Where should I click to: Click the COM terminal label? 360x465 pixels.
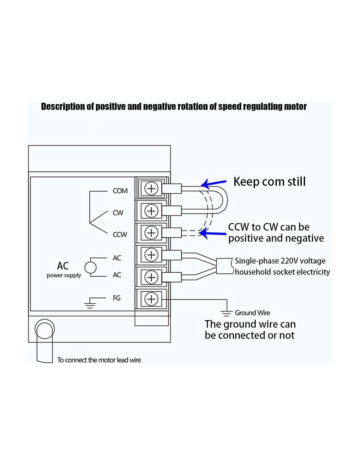(x=120, y=191)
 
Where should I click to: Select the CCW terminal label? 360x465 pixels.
(x=120, y=234)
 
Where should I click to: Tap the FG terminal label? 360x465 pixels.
(x=117, y=298)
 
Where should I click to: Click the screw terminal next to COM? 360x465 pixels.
(x=151, y=188)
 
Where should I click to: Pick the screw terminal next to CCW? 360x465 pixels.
(x=151, y=232)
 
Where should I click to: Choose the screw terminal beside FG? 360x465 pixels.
(x=151, y=299)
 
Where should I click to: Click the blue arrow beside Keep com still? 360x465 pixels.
(x=214, y=183)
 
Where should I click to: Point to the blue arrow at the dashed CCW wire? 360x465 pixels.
(x=213, y=233)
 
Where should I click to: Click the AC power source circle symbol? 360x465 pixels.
(x=91, y=267)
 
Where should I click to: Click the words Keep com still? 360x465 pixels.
(x=269, y=181)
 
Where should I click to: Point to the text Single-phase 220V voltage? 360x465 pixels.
(x=280, y=261)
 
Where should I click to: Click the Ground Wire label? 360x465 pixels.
(x=252, y=313)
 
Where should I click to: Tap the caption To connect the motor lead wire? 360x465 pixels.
(x=99, y=360)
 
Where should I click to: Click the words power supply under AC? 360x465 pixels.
(x=64, y=275)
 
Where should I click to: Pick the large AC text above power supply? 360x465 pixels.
(x=63, y=266)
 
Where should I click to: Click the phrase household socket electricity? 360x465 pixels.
(x=282, y=272)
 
